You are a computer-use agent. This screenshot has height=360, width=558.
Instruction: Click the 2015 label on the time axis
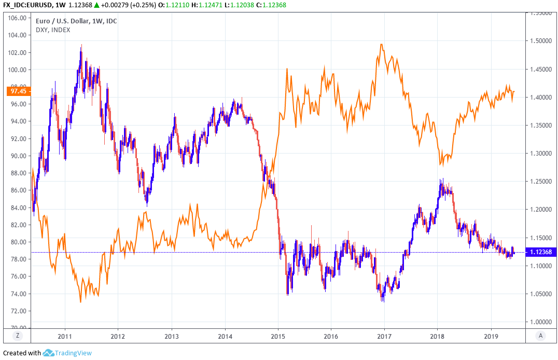coord(278,336)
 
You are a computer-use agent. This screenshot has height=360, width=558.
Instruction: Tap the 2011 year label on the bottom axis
coord(65,336)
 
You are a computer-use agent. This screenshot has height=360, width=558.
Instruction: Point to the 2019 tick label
coord(491,336)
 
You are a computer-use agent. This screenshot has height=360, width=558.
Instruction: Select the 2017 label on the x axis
coord(384,336)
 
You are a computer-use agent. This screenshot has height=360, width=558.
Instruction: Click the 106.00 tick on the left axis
coord(18,18)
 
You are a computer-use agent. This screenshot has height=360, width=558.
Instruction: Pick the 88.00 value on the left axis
coord(18,173)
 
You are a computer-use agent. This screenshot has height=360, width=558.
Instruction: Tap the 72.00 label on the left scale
coord(18,311)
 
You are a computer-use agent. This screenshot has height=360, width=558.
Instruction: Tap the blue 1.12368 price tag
coord(541,252)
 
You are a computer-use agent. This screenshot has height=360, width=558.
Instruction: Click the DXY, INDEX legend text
coord(53,30)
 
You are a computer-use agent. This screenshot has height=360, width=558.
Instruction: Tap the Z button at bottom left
coord(18,336)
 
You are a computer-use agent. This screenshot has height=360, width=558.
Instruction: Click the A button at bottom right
coord(540,336)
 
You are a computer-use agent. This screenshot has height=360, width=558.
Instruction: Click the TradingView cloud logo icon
coord(48,353)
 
